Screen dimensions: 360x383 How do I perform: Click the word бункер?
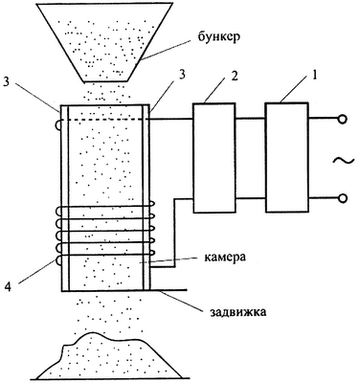pyautogui.click(x=218, y=35)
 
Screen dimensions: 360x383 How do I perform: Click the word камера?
pyautogui.click(x=225, y=257)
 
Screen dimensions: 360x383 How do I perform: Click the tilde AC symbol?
pyautogui.click(x=344, y=160)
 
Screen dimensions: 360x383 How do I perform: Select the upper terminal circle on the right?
pyautogui.click(x=342, y=120)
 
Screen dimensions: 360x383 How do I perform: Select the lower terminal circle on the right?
pyautogui.click(x=342, y=198)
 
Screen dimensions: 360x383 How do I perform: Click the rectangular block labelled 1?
pyautogui.click(x=287, y=157)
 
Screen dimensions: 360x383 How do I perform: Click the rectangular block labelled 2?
pyautogui.click(x=214, y=158)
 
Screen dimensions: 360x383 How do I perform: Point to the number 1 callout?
pyautogui.click(x=316, y=78)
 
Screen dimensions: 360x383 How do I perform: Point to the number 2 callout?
pyautogui.click(x=235, y=78)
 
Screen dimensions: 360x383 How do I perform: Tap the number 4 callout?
pyautogui.click(x=10, y=287)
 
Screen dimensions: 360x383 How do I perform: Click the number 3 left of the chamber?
pyautogui.click(x=6, y=81)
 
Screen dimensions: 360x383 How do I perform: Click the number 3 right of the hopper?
pyautogui.click(x=182, y=77)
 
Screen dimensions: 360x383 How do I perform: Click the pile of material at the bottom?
pyautogui.click(x=108, y=358)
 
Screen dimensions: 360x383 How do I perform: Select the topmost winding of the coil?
pyautogui.click(x=105, y=208)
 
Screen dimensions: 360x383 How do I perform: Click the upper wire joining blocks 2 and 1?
pyautogui.click(x=251, y=119)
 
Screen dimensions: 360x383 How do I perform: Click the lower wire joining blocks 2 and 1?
pyautogui.click(x=251, y=198)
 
